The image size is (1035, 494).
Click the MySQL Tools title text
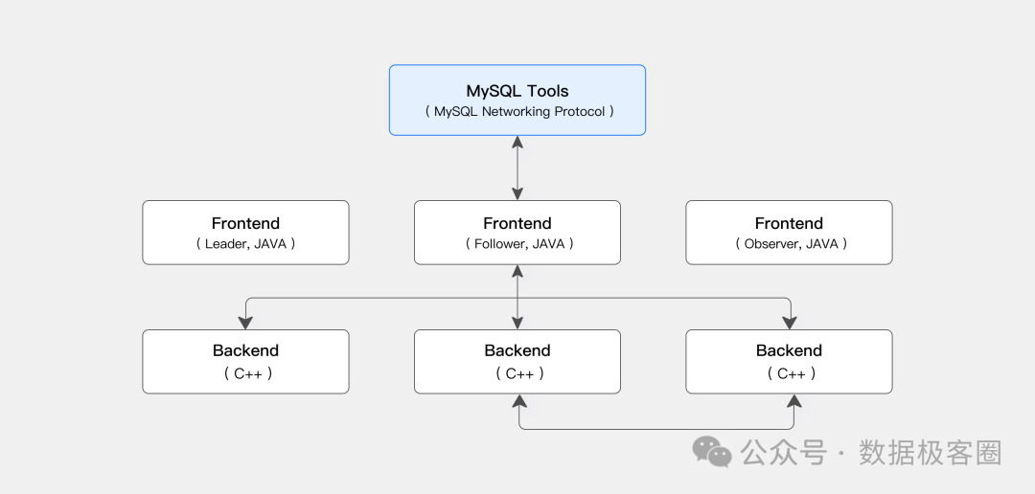(517, 90)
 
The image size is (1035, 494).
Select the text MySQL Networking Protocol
(518, 111)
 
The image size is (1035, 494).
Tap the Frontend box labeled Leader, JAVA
(245, 233)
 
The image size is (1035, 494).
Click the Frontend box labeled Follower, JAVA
(517, 233)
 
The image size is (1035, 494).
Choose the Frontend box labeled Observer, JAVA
(789, 233)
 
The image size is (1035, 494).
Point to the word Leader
(226, 244)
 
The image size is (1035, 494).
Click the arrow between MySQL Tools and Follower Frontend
(517, 168)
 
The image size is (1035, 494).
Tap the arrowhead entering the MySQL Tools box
(517, 142)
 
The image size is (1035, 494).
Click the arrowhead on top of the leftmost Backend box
(245, 323)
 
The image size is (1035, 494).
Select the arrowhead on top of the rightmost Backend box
(790, 323)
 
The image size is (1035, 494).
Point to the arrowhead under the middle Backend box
(520, 401)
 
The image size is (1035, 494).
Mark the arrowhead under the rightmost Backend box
(794, 401)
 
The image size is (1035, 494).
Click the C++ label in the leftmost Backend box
(248, 374)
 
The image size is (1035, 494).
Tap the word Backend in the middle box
(517, 350)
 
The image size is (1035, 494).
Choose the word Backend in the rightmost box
(789, 350)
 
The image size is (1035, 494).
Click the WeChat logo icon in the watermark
(711, 452)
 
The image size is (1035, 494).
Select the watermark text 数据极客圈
(930, 453)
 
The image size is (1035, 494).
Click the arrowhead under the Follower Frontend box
(517, 271)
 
